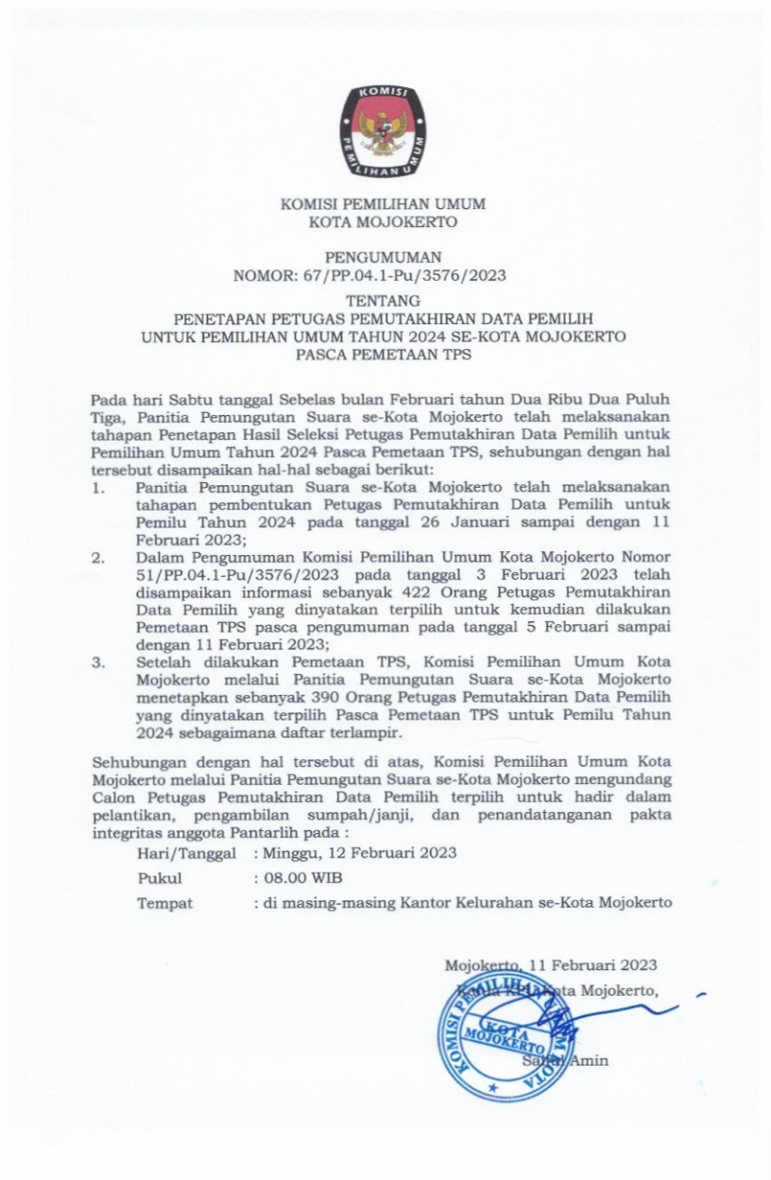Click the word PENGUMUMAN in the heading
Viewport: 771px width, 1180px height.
pos(383,256)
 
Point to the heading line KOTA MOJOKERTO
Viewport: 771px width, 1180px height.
pos(384,223)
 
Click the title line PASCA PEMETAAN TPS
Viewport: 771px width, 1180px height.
pos(384,356)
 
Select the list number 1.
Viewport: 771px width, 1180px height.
pos(97,489)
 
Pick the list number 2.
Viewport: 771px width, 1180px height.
pos(97,558)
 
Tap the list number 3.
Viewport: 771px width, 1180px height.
pos(97,662)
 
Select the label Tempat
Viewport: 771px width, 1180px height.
pos(165,902)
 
